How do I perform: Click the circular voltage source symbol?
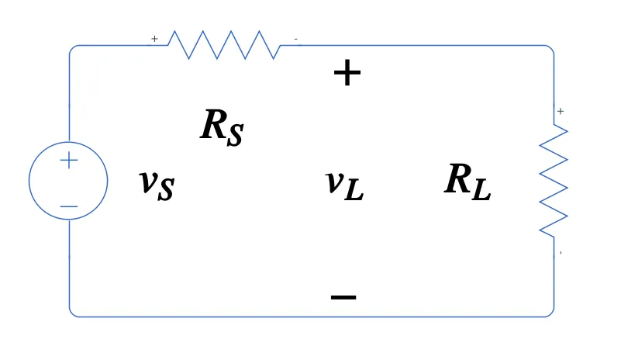click(x=68, y=181)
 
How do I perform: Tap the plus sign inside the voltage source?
click(x=69, y=161)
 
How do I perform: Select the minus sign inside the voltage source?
click(x=69, y=206)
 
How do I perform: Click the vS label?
click(x=157, y=183)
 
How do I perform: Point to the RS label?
click(x=222, y=126)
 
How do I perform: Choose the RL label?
click(x=467, y=182)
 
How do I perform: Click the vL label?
click(x=344, y=184)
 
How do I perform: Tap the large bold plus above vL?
click(x=347, y=74)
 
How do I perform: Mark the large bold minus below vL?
click(x=343, y=296)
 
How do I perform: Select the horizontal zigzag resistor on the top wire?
click(x=225, y=45)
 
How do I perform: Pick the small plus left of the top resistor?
click(x=154, y=38)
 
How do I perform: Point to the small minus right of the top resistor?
click(x=295, y=38)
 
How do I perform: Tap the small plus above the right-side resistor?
click(x=561, y=111)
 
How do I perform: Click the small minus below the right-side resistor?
click(x=561, y=253)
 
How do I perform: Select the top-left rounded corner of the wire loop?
click(x=72, y=48)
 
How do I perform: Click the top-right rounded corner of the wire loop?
click(x=550, y=48)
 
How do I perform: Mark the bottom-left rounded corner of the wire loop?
click(x=72, y=313)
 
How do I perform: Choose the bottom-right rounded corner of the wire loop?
click(x=550, y=313)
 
